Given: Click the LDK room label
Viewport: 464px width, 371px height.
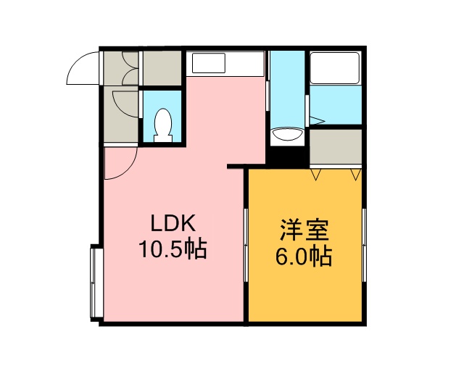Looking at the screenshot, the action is tap(173, 223).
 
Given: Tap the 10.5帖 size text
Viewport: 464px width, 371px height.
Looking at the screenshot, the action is tap(173, 249).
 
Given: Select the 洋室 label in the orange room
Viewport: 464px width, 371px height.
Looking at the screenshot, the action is tap(304, 230).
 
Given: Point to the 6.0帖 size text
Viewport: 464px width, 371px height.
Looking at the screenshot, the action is tap(304, 257).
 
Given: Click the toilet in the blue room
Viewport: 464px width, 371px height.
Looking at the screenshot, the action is tap(163, 125).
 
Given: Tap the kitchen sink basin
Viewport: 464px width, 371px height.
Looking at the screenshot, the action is tap(209, 63).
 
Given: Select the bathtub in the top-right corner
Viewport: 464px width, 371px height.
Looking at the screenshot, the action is tap(335, 68).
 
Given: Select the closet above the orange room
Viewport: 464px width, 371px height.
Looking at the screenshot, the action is tap(336, 146).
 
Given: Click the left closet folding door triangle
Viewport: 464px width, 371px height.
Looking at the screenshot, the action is tap(316, 174).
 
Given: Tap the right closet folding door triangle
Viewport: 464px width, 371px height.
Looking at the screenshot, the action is tap(356, 174).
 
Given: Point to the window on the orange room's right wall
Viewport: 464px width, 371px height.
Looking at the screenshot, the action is tap(364, 245).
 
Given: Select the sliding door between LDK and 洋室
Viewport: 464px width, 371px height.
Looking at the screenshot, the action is tap(246, 245).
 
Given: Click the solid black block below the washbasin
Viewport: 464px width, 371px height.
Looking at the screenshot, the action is tap(287, 156).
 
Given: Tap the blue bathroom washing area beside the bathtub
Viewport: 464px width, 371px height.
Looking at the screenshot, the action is tap(336, 105).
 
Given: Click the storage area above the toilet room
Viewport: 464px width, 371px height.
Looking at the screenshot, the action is tap(162, 68).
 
